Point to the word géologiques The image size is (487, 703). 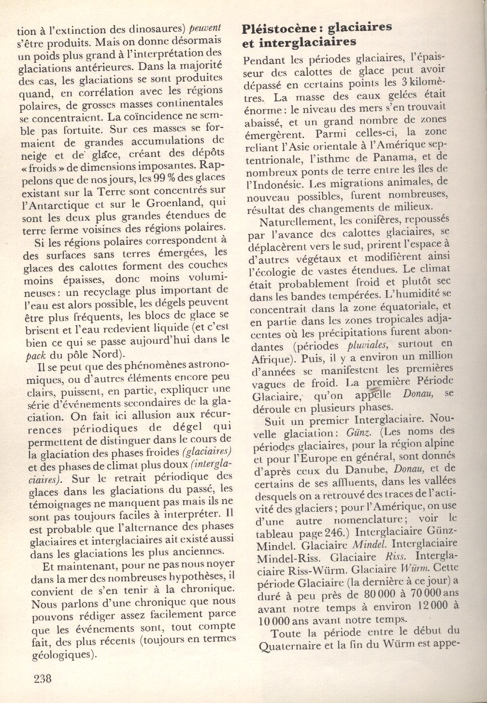pos(61,654)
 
